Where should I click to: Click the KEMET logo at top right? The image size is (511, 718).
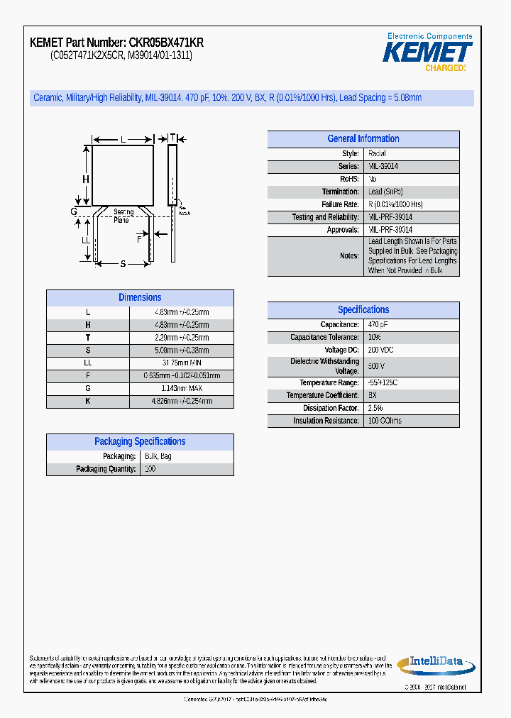click(x=427, y=52)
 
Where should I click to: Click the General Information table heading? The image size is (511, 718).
click(x=363, y=139)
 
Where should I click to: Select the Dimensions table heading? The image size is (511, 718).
click(x=140, y=298)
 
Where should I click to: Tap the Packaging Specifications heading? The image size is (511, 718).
click(x=140, y=441)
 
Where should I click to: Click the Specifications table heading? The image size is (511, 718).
click(x=363, y=310)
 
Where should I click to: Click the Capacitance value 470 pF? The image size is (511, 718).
click(x=378, y=324)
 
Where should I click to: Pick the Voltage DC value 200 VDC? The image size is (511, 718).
click(x=380, y=350)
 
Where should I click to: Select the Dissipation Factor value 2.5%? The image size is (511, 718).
click(x=375, y=408)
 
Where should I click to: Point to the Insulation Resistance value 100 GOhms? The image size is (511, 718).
click(x=385, y=421)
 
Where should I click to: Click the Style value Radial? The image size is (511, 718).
click(x=377, y=153)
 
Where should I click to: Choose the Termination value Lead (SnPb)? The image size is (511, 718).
click(x=386, y=192)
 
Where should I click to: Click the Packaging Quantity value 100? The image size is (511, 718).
click(x=150, y=469)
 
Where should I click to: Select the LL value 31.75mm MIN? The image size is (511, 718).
click(x=182, y=363)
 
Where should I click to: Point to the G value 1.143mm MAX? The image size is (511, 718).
click(x=182, y=388)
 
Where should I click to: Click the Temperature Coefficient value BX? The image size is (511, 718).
click(x=373, y=395)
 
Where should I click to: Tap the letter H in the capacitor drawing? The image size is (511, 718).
click(x=86, y=179)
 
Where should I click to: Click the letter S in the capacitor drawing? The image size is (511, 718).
click(x=123, y=264)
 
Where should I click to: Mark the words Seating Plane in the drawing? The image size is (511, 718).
click(x=123, y=216)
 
